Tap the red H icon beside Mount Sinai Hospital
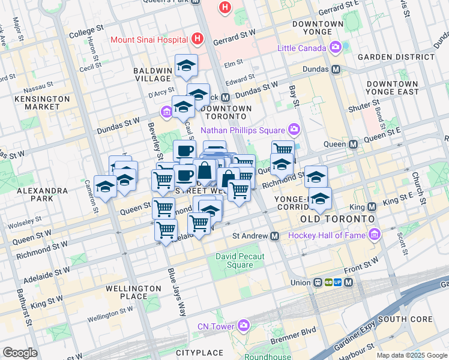(x=197, y=40)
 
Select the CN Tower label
(x=217, y=326)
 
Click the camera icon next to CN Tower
(x=243, y=326)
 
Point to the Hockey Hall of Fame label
(x=327, y=235)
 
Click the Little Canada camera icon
(x=335, y=47)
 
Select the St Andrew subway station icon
(x=275, y=236)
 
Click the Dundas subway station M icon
(x=336, y=69)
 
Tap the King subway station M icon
(x=372, y=207)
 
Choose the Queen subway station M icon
(x=354, y=144)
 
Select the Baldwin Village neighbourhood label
(x=152, y=74)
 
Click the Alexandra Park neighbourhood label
(x=43, y=194)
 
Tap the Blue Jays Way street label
(x=177, y=292)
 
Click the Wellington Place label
(x=133, y=292)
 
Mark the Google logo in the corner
(x=20, y=353)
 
